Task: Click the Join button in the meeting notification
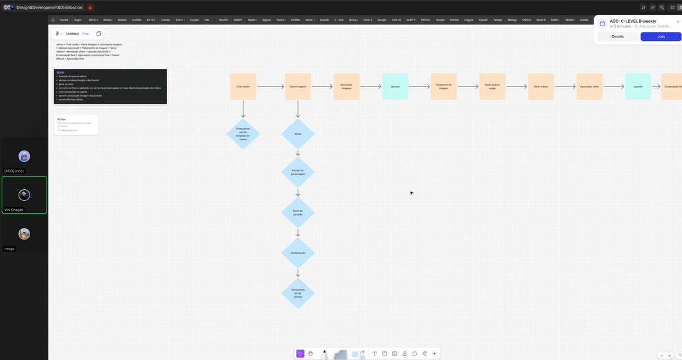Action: click(x=660, y=36)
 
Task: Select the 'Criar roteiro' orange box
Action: click(x=243, y=86)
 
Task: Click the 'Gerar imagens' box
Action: click(x=298, y=86)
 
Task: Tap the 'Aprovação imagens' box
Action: click(x=346, y=86)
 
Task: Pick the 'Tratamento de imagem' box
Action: click(x=443, y=86)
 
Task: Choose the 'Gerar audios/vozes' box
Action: click(x=492, y=86)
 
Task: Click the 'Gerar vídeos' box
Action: click(x=540, y=86)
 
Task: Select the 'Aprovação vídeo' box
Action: click(x=589, y=86)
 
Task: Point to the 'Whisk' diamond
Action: click(x=298, y=134)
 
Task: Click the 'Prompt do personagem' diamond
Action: click(x=298, y=172)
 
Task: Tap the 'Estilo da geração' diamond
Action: click(x=298, y=212)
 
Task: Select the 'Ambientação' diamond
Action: click(x=298, y=253)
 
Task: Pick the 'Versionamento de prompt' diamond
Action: click(x=298, y=293)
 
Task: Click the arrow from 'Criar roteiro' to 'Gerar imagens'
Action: click(x=271, y=86)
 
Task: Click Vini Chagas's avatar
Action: click(x=24, y=195)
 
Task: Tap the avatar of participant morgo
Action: click(x=24, y=234)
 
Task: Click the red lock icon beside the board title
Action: click(x=90, y=7)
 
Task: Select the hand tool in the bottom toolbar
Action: click(x=310, y=354)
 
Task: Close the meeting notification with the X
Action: click(x=678, y=22)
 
